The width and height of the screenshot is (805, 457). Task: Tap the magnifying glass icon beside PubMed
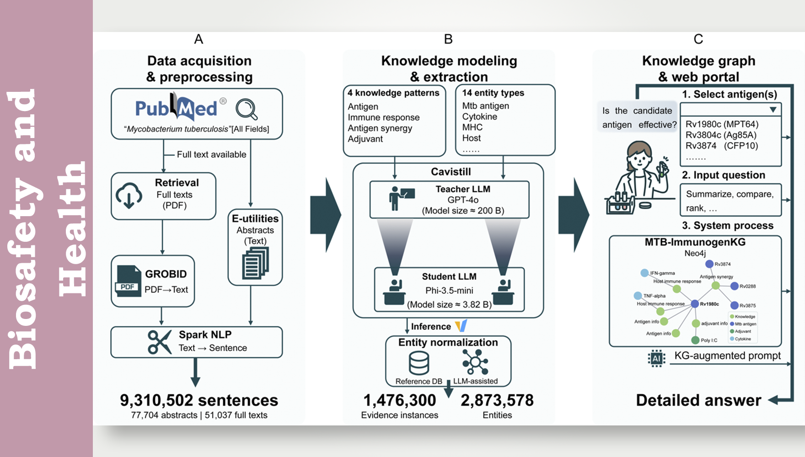tap(247, 109)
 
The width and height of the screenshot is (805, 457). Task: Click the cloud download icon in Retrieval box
tap(129, 196)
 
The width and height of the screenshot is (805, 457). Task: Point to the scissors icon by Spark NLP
tap(159, 342)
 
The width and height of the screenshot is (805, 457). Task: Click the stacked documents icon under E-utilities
tap(255, 263)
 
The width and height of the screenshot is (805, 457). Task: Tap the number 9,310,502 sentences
tap(199, 400)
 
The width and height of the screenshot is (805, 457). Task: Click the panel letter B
tap(448, 39)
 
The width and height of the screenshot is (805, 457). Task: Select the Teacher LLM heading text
tap(462, 189)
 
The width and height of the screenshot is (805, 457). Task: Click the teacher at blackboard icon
tap(401, 198)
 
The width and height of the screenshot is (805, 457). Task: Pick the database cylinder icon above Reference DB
tap(419, 363)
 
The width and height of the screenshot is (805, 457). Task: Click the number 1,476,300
tap(399, 400)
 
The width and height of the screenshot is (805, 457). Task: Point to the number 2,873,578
tap(497, 400)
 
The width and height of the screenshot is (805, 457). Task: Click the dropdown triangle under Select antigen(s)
tap(773, 110)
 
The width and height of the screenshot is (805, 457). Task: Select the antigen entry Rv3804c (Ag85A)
tap(721, 135)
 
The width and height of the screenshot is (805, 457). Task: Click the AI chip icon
tap(656, 358)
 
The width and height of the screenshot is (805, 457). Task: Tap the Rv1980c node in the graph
tap(695, 304)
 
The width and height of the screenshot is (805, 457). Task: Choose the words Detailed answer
tap(698, 400)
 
